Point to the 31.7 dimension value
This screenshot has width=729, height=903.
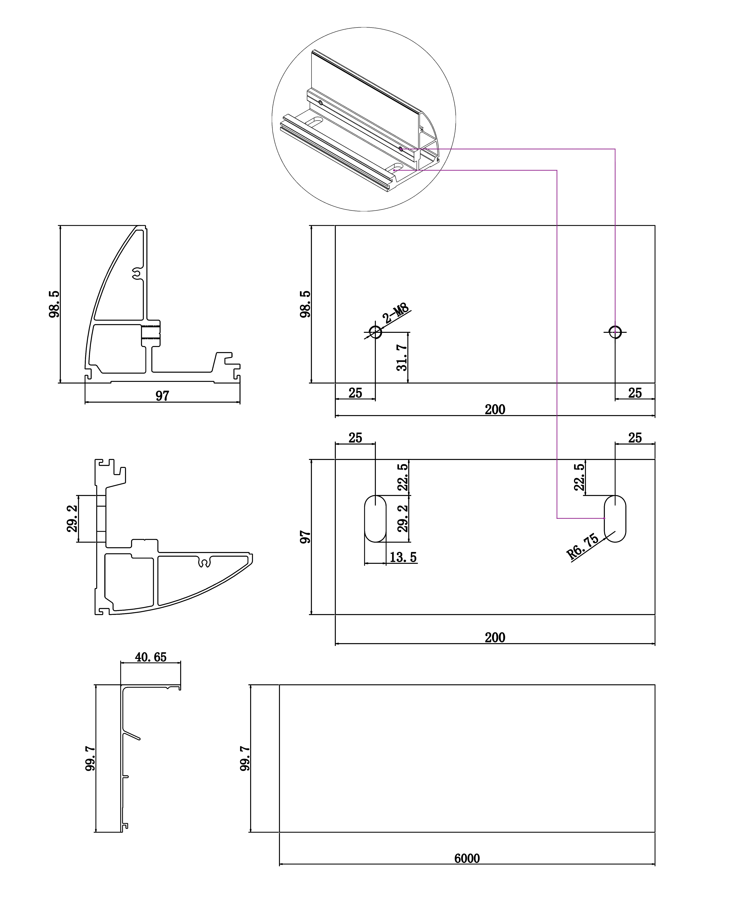pos(402,358)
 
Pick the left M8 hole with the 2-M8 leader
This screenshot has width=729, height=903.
pos(375,332)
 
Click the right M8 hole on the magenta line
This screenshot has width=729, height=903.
pos(615,332)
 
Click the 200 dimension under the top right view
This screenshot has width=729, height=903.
pos(495,409)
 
